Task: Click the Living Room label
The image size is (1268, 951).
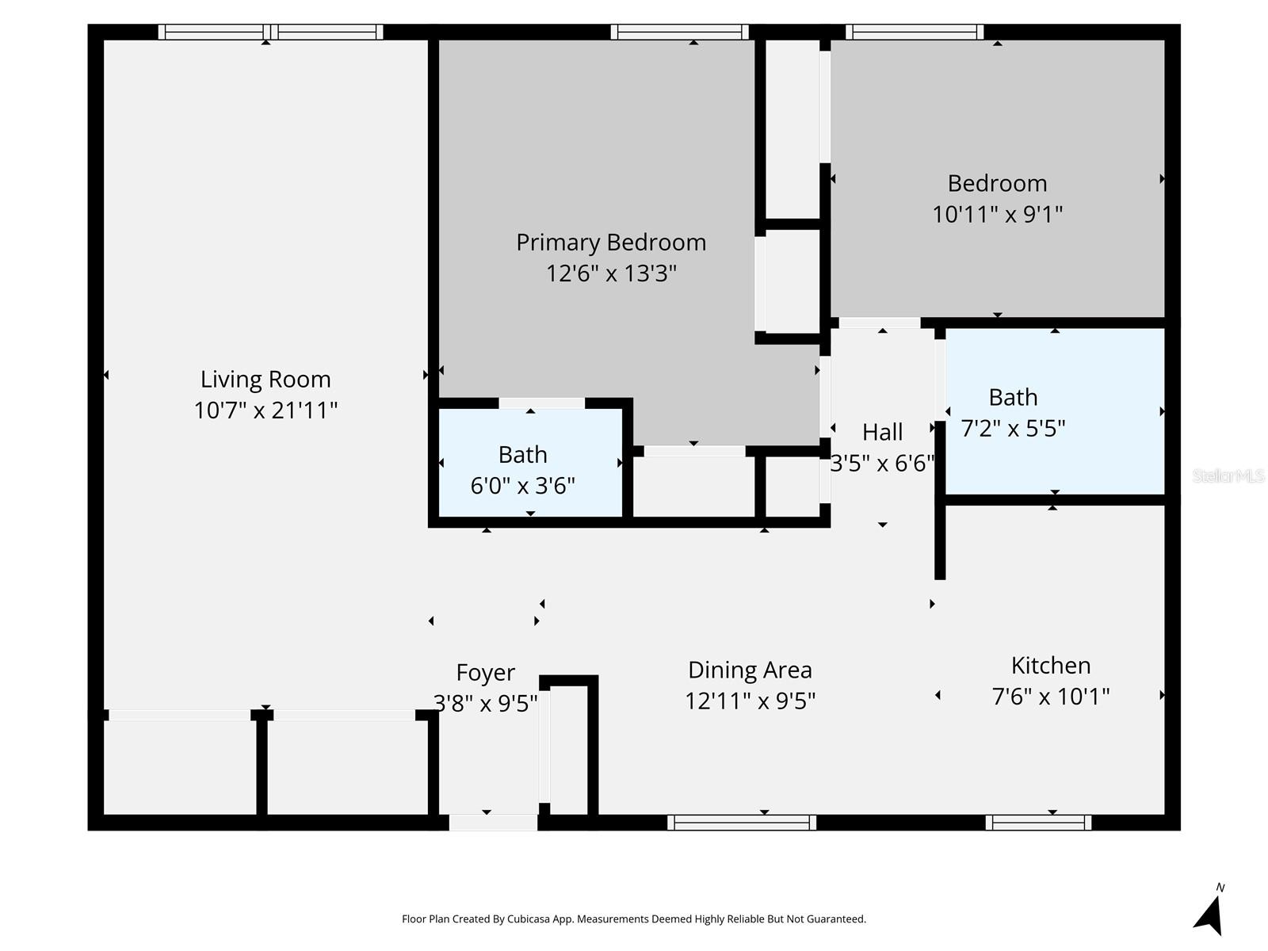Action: (265, 380)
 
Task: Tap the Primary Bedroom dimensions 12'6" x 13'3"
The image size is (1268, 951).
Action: (611, 273)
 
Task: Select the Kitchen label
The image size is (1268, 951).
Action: (1051, 666)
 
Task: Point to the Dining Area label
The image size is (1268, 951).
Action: (750, 670)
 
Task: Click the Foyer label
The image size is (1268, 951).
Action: (485, 673)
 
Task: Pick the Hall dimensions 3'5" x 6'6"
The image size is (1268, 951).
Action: (882, 463)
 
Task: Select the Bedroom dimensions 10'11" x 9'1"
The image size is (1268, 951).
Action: (997, 215)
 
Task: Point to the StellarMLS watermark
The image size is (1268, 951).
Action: (1228, 476)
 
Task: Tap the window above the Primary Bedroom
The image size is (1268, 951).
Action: (679, 32)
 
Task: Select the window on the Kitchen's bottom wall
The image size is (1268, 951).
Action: (1038, 823)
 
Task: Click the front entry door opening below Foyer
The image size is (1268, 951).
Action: (493, 823)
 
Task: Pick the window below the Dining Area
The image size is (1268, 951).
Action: (742, 823)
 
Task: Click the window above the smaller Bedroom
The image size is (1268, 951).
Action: (915, 32)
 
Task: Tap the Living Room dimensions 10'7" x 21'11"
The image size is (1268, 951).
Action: (265, 411)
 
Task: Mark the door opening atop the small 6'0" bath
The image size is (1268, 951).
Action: (541, 403)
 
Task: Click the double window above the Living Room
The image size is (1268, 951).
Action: (270, 32)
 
